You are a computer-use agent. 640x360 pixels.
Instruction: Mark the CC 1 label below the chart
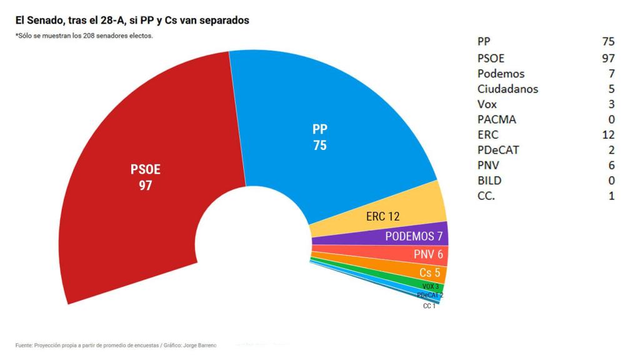[x=429, y=306]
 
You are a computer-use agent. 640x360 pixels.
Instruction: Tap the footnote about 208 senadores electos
[x=84, y=36]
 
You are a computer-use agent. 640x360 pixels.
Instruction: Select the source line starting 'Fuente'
[x=116, y=345]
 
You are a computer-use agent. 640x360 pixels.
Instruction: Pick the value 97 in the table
[x=607, y=57]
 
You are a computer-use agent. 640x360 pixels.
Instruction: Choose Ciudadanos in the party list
[x=507, y=89]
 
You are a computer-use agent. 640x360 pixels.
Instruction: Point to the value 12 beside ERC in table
[x=608, y=134]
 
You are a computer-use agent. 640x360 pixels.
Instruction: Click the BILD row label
[x=489, y=181]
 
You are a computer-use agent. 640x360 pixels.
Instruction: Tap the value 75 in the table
[x=607, y=42]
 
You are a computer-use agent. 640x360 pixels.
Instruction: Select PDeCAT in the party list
[x=497, y=150]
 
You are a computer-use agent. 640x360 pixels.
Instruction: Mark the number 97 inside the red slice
[x=146, y=186]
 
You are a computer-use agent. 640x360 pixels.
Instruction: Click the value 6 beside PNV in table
[x=611, y=166]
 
